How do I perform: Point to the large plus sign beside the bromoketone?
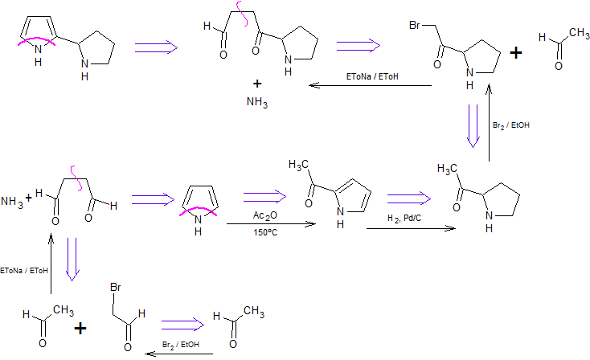(517, 53)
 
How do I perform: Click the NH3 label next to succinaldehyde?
(12, 200)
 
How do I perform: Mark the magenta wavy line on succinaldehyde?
(76, 171)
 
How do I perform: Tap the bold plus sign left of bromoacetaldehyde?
(80, 328)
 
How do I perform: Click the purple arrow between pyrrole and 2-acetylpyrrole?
(266, 196)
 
